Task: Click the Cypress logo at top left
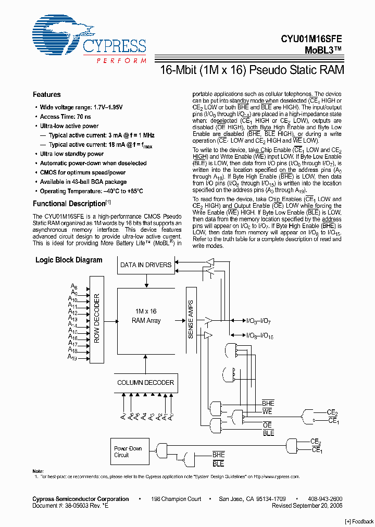(89, 42)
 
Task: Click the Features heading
(47, 95)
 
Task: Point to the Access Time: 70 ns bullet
(65, 117)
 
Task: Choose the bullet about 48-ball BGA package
(83, 182)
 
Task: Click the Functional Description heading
(70, 204)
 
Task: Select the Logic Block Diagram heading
(69, 260)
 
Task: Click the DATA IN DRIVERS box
(146, 265)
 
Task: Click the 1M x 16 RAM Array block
(146, 316)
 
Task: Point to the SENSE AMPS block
(190, 319)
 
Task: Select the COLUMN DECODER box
(145, 383)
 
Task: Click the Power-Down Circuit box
(128, 451)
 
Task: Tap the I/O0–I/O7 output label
(258, 321)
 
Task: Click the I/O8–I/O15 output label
(259, 336)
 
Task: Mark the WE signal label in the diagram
(268, 411)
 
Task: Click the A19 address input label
(72, 358)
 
